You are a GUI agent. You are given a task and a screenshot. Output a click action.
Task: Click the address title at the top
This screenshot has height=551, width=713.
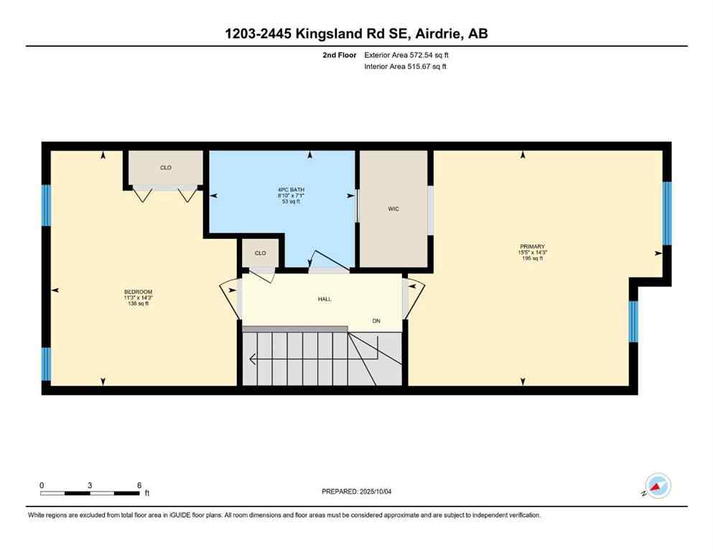356,34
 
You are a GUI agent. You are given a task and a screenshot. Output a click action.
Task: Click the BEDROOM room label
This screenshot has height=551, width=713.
139,291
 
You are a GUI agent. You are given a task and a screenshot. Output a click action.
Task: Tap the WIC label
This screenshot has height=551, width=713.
393,209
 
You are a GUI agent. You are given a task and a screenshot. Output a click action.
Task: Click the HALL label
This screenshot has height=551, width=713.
325,299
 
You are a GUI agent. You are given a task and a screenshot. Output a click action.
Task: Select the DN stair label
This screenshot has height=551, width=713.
376,321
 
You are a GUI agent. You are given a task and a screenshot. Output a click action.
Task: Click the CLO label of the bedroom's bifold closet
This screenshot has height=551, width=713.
165,168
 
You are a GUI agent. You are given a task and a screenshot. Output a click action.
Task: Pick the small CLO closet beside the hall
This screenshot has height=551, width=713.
260,253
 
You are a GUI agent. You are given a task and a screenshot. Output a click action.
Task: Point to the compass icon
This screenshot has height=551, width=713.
658,486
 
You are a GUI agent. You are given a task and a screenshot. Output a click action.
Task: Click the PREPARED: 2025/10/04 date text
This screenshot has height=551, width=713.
357,491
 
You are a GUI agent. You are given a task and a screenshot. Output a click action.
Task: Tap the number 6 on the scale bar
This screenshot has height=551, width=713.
139,485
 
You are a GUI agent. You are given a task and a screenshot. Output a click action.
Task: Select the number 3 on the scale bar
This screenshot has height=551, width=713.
90,485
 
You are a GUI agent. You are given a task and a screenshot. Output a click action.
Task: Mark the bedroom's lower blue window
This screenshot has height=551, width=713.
46,364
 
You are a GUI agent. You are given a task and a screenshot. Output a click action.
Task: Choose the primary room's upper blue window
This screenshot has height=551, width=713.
666,213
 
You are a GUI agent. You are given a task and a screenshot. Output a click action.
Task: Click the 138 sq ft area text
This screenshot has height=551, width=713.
139,304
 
